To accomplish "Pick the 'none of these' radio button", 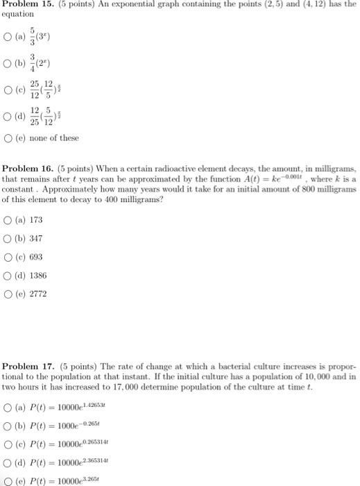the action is tap(8, 137).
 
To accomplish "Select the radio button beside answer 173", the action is tap(8, 219).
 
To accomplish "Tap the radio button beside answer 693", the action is tap(8, 256).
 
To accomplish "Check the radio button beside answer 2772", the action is tap(8, 294).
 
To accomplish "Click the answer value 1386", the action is tap(38, 275).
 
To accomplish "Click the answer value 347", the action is tap(36, 238).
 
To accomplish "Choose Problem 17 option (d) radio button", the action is tap(8, 462).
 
